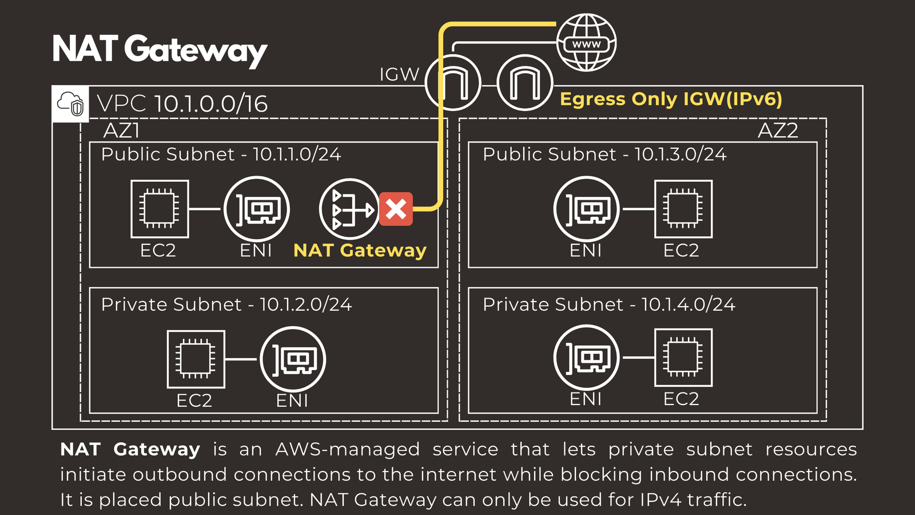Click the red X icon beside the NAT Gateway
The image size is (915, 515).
396,209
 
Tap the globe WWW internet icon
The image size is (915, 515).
586,43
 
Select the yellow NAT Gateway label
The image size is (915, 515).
360,251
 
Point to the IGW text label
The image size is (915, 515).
399,74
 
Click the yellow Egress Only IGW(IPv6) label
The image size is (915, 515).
671,99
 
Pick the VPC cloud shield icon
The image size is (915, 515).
70,104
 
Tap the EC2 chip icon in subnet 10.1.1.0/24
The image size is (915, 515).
160,209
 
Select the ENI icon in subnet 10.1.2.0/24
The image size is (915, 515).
293,359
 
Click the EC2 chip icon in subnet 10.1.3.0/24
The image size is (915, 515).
683,209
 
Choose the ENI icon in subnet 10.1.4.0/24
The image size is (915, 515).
586,358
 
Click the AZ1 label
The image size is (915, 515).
121,131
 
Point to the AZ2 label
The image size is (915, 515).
777,131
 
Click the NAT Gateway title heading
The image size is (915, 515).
160,50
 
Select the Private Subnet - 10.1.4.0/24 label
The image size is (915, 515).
608,304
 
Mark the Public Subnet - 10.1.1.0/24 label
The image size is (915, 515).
221,154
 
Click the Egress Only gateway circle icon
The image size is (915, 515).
524,83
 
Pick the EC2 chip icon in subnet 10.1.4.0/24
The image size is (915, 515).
683,358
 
